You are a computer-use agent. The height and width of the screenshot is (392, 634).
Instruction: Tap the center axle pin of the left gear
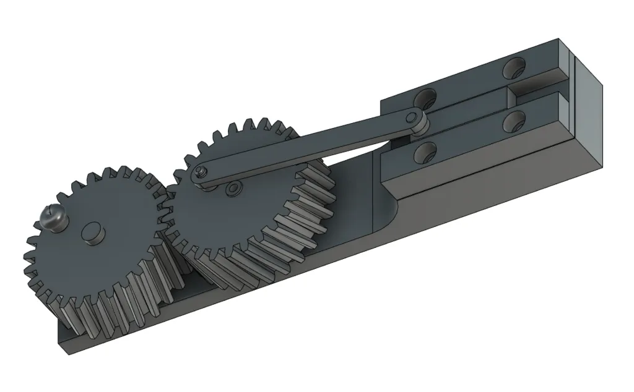(93, 234)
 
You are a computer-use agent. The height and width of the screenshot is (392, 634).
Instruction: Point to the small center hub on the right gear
(233, 188)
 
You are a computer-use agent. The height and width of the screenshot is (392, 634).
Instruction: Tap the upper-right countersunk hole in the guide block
(513, 67)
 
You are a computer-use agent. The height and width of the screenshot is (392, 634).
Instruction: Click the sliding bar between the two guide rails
(471, 108)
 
